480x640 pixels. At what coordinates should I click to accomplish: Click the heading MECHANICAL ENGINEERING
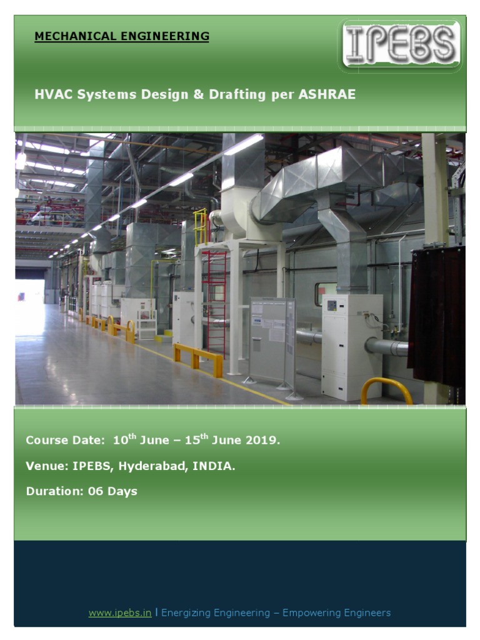(122, 36)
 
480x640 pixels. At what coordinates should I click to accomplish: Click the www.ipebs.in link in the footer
(120, 612)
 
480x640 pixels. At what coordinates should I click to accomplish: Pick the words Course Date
(64, 440)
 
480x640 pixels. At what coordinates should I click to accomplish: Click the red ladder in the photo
(216, 303)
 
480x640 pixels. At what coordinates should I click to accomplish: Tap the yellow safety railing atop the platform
(200, 226)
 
